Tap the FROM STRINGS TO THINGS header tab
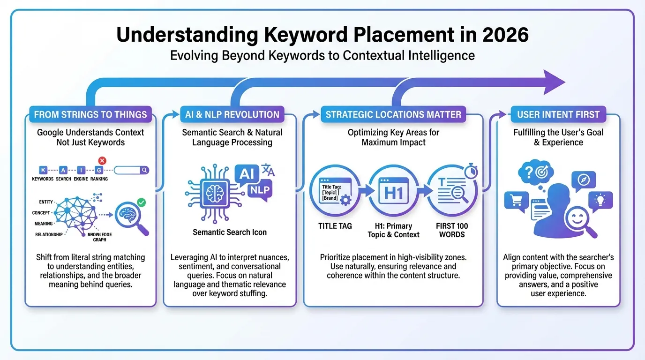(x=90, y=114)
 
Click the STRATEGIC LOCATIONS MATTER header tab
(x=393, y=114)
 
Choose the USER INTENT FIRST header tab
(x=558, y=114)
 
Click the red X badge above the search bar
(x=102, y=161)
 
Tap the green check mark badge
(x=141, y=202)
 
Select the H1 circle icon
(x=394, y=192)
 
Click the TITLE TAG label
(x=335, y=226)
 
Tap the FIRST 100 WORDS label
(x=452, y=230)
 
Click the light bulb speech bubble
(x=600, y=201)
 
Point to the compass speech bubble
(x=584, y=180)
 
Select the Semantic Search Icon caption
(x=230, y=232)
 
